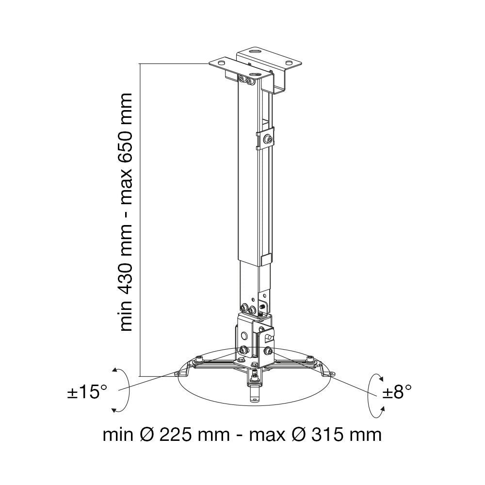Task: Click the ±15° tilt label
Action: pyautogui.click(x=87, y=392)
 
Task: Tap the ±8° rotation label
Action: pyautogui.click(x=397, y=392)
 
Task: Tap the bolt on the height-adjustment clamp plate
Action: pyautogui.click(x=266, y=139)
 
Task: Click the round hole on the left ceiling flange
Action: pyautogui.click(x=222, y=62)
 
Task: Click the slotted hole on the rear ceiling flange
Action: pyautogui.click(x=255, y=50)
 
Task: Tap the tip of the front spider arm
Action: pyautogui.click(x=254, y=399)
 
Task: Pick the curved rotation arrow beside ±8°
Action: pyautogui.click(x=376, y=395)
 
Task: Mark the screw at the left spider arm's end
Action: pyautogui.click(x=199, y=359)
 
